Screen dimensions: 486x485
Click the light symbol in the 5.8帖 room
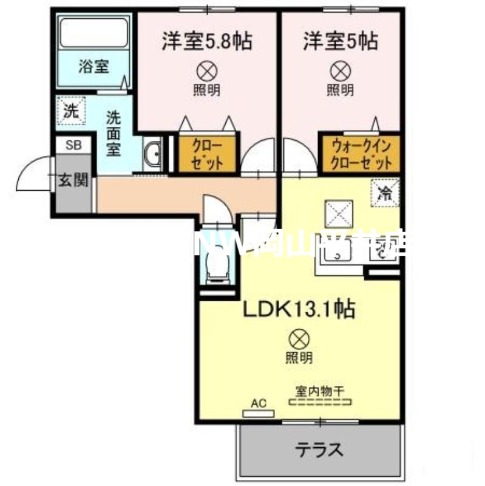point(206,72)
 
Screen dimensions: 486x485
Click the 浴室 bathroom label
point(93,66)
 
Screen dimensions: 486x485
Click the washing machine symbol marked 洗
point(71,111)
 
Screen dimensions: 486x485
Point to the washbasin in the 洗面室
point(153,155)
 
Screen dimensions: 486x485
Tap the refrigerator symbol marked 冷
point(384,194)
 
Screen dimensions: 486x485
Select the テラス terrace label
point(320,450)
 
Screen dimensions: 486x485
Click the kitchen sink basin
point(334,250)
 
